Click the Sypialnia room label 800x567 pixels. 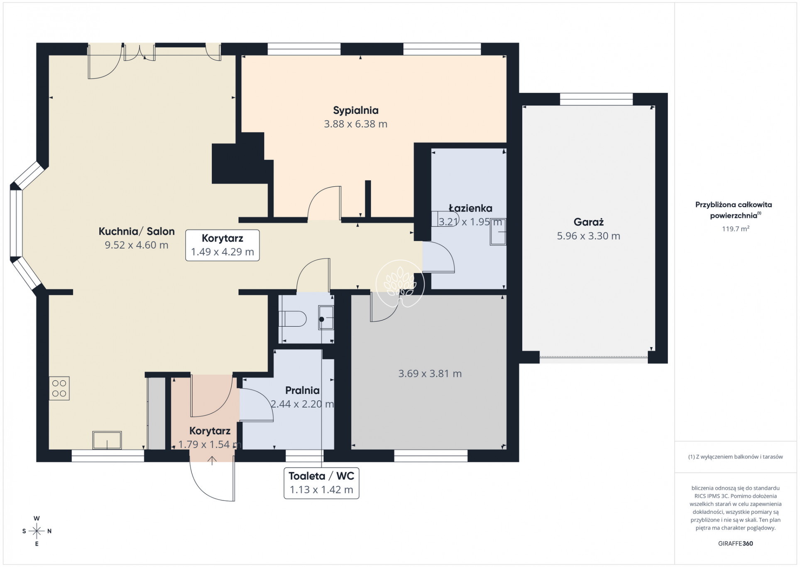[x=356, y=111]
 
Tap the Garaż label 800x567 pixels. [x=588, y=222]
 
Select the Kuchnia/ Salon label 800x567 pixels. [x=137, y=232]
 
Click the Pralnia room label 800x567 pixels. [x=302, y=390]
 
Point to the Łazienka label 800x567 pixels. [x=470, y=208]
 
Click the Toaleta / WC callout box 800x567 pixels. [x=321, y=483]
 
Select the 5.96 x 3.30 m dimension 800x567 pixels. [x=588, y=236]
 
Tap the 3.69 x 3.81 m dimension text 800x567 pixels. [x=430, y=374]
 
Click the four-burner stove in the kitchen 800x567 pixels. [x=59, y=388]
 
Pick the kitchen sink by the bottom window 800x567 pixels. [x=107, y=440]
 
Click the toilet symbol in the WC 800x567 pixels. [x=293, y=319]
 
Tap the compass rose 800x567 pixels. [x=37, y=531]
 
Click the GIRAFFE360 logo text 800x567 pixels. [x=735, y=543]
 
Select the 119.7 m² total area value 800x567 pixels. [x=735, y=229]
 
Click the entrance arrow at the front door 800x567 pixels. [x=212, y=460]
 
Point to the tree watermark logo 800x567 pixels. [x=400, y=283]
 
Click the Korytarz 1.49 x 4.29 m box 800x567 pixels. [x=223, y=245]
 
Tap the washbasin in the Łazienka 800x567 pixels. [x=498, y=232]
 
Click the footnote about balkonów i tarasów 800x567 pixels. [x=735, y=457]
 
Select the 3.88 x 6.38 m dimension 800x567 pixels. [x=356, y=124]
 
